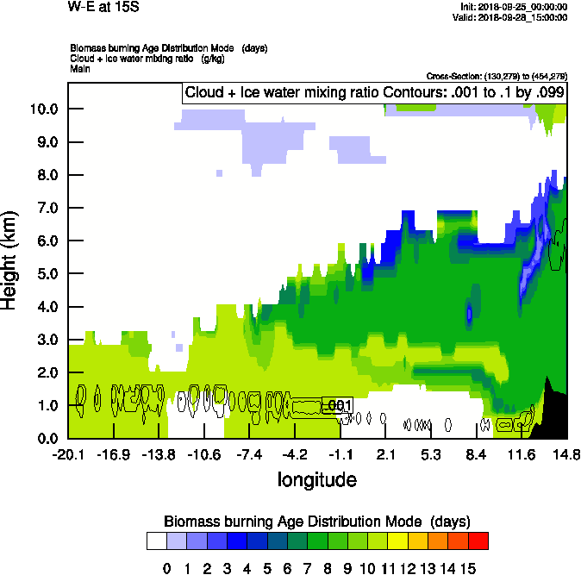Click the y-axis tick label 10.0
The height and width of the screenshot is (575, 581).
[x=43, y=109]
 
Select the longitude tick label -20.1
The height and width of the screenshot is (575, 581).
[x=68, y=454]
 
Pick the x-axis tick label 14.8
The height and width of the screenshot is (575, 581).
[x=565, y=454]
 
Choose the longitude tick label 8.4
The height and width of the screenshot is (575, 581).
[x=476, y=454]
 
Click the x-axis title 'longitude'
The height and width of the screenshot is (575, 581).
[x=316, y=479]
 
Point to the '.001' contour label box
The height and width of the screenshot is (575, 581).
[x=337, y=405]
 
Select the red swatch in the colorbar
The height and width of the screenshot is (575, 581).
[x=478, y=541]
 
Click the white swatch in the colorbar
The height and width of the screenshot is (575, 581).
[x=156, y=541]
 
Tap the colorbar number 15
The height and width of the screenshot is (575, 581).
[x=468, y=568]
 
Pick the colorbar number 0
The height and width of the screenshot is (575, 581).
[x=166, y=568]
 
